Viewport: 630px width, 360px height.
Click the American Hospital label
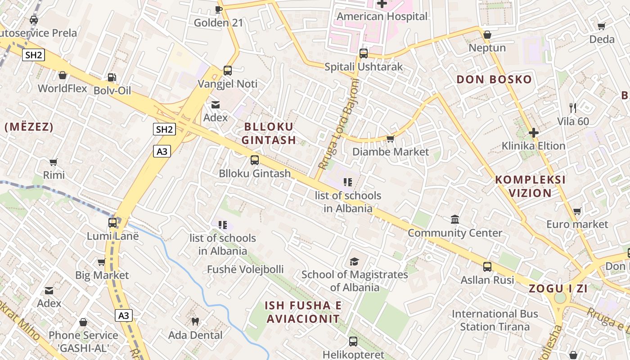(x=382, y=17)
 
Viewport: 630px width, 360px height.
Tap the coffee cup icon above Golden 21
(x=219, y=9)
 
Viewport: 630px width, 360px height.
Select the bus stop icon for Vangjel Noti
(x=228, y=71)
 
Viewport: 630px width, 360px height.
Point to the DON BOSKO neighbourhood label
(x=494, y=80)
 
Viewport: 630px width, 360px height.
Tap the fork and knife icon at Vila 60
(x=573, y=108)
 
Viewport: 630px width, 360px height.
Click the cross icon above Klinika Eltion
(x=534, y=133)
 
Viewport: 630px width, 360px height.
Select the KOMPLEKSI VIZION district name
(x=530, y=186)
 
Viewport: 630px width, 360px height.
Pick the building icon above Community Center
(x=455, y=220)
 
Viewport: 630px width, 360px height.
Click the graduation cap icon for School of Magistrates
(x=355, y=261)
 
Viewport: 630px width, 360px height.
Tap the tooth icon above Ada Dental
(x=195, y=321)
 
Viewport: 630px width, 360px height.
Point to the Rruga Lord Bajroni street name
(x=338, y=124)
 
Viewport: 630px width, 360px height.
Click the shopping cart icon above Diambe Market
(x=391, y=139)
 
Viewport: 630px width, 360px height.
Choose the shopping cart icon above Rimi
(x=54, y=162)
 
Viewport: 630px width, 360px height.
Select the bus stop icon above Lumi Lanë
(x=112, y=223)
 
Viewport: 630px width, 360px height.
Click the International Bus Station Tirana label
(x=495, y=320)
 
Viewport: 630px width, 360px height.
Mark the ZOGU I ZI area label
(x=558, y=289)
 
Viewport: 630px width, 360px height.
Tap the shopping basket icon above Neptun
(x=487, y=35)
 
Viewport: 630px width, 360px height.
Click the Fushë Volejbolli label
(x=245, y=270)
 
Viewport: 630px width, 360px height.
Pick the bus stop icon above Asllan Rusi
(x=487, y=267)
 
